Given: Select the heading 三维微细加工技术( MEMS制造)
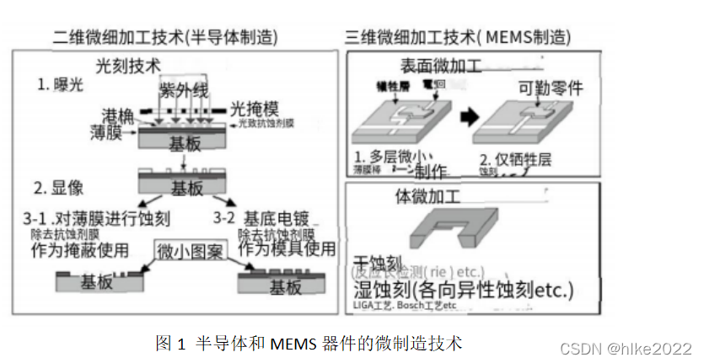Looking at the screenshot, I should (458, 37).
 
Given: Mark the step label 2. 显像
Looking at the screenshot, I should (61, 187).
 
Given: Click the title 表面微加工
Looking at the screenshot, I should (440, 67).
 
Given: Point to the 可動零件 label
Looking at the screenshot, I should (549, 87).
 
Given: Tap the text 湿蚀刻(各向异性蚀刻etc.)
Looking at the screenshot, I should (461, 291).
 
